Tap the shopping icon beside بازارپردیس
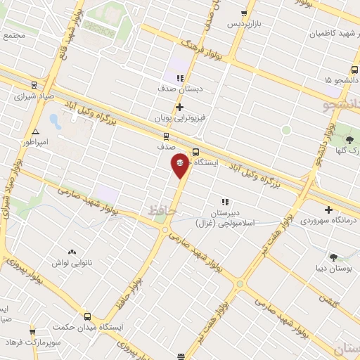click(244, 13)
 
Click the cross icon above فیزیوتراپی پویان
click(180, 107)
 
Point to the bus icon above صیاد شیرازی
click(31, 84)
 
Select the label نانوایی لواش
click(72, 262)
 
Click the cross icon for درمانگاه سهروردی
click(328, 210)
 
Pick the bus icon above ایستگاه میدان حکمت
click(88, 316)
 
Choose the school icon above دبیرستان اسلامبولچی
click(225, 202)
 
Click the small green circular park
click(286, 130)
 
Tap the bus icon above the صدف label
click(166, 136)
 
